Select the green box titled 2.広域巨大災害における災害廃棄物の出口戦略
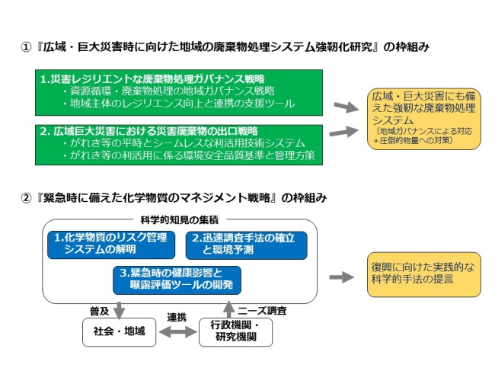coord(180,144)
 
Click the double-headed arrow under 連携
coord(176,333)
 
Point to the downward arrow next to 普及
coord(120,309)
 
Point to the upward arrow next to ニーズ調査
coord(228,309)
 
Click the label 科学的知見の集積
coord(177,219)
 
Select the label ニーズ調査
coord(262,310)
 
